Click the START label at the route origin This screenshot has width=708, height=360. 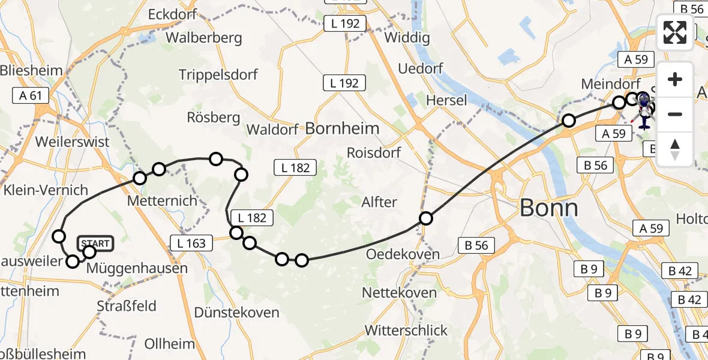click(95, 243)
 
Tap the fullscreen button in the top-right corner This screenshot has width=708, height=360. click(675, 32)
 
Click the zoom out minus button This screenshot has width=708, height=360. click(675, 114)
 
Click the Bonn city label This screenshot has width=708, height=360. click(549, 208)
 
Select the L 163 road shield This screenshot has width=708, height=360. click(191, 243)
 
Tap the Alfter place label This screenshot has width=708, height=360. click(379, 202)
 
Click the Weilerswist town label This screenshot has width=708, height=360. click(73, 142)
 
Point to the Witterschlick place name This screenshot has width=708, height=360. click(406, 331)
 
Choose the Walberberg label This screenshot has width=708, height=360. click(204, 37)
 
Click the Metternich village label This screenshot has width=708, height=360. click(163, 200)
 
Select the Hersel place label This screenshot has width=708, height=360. click(446, 100)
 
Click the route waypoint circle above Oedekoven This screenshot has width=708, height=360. click(425, 218)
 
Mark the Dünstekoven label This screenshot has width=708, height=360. click(236, 313)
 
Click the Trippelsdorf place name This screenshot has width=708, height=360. click(218, 74)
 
